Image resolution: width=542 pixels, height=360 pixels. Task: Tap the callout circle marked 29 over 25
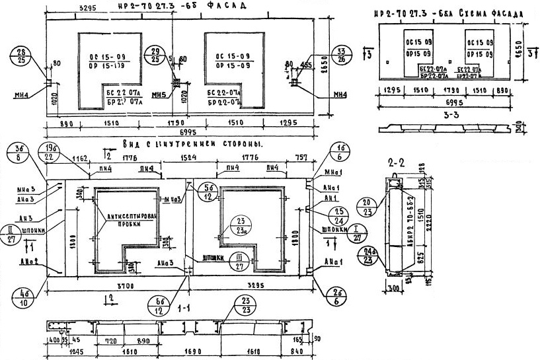(x=156, y=55)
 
